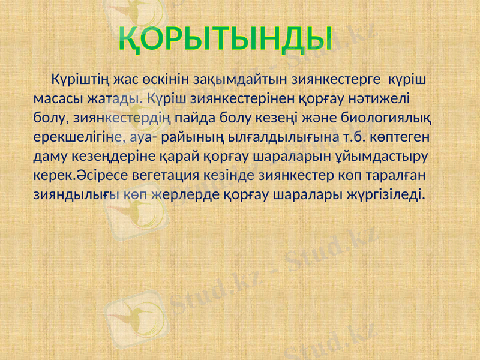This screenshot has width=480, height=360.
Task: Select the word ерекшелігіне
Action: pyautogui.click(x=77, y=136)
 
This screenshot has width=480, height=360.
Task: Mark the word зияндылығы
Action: pyautogui.click(x=75, y=194)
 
